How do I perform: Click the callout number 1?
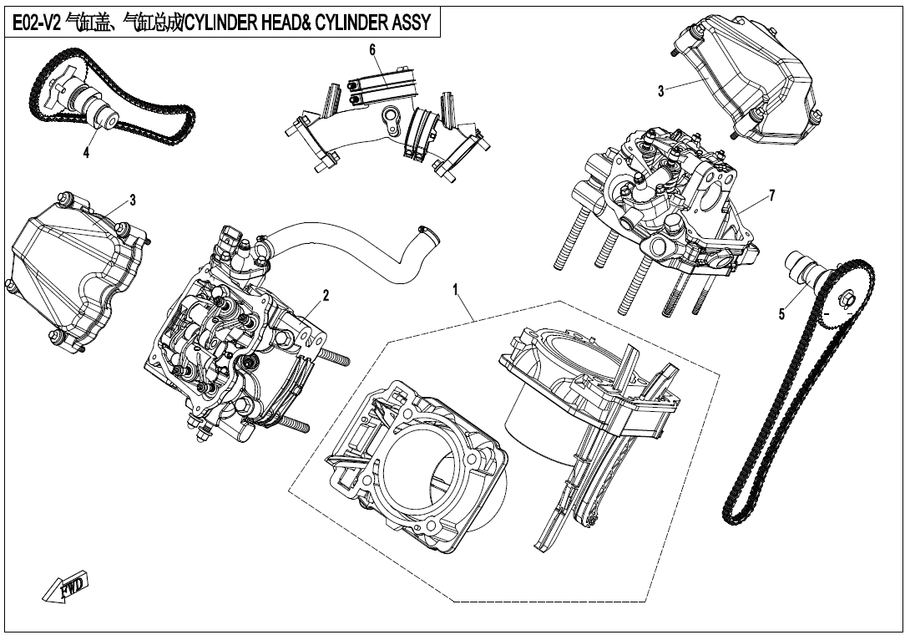[456, 289]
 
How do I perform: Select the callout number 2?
[326, 295]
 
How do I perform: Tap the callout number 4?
[85, 152]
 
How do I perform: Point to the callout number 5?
[781, 314]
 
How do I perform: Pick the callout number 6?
[373, 49]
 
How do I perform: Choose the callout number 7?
[772, 196]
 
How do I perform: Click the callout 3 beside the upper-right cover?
[660, 91]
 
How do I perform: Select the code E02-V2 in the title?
[34, 22]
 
